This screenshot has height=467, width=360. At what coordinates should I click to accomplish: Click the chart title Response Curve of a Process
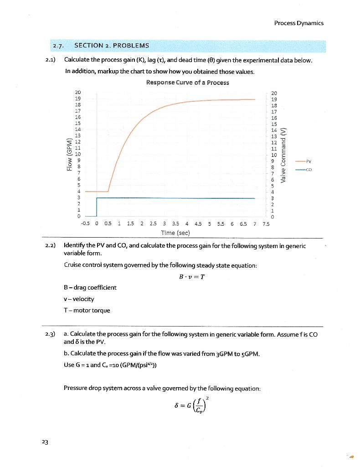[187, 83]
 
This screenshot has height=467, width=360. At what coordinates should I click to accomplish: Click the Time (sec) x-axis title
[175, 233]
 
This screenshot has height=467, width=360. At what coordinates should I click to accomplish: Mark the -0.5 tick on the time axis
[85, 224]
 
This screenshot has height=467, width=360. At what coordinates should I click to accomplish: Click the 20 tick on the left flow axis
[77, 92]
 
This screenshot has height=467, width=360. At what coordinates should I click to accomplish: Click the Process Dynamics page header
[298, 23]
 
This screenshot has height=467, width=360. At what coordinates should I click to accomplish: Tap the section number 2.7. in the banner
[58, 46]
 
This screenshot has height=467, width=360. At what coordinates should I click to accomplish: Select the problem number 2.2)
[51, 246]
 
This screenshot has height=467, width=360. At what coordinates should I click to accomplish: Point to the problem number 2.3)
[51, 334]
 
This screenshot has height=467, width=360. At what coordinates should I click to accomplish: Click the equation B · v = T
[187, 277]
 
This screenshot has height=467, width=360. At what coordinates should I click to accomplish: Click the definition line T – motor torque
[87, 311]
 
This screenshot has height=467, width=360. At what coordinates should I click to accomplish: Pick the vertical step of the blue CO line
[97, 207]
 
